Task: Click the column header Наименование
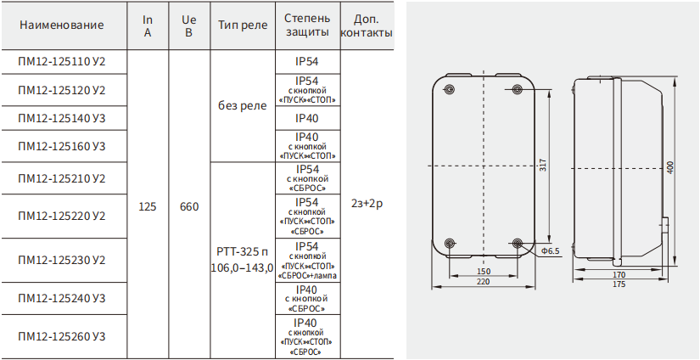pos(62,25)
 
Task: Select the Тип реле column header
pos(243,25)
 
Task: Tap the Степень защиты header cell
pos(308,25)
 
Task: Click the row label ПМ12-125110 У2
pos(62,62)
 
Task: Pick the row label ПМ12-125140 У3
pos(62,118)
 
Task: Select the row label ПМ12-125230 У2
pos(62,260)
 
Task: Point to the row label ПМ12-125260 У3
pos(62,336)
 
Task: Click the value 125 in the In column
pos(148,207)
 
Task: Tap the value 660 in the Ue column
pos(189,207)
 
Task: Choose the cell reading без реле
pos(243,106)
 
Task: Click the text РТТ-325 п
pos(243,252)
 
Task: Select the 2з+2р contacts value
pos(367,204)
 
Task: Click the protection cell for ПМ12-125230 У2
pos(308,261)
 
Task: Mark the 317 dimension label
pos(542,166)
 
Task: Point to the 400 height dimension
pos(670,167)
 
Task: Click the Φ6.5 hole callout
pos(551,251)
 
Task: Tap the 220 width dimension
pos(483,281)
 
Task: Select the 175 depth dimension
pos(619,284)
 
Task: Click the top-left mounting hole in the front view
pos(450,89)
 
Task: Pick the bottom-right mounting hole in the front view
pos(517,243)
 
